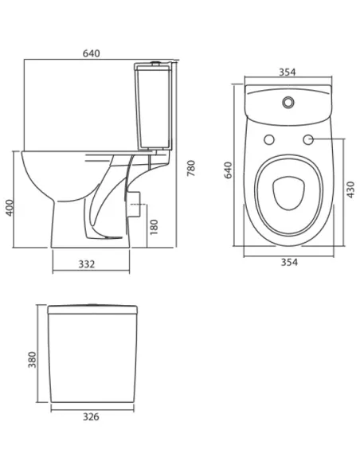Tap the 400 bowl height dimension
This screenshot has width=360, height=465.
[9, 208]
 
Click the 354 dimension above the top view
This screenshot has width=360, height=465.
[288, 72]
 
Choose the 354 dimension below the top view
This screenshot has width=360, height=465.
[288, 264]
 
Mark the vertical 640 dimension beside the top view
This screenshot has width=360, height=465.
[229, 170]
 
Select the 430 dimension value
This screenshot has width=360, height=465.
[351, 190]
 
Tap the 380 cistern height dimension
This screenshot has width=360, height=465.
[32, 361]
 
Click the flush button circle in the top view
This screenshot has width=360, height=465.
[288, 102]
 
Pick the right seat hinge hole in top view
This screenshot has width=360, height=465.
[307, 140]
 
